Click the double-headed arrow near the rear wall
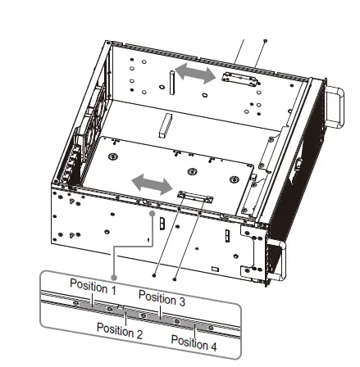(x=196, y=75)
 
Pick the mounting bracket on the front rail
(x=194, y=196)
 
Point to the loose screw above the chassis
(x=264, y=39)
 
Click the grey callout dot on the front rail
(x=153, y=212)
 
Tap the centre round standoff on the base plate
(x=194, y=171)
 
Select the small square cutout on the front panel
(x=216, y=267)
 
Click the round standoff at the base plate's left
(x=114, y=155)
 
